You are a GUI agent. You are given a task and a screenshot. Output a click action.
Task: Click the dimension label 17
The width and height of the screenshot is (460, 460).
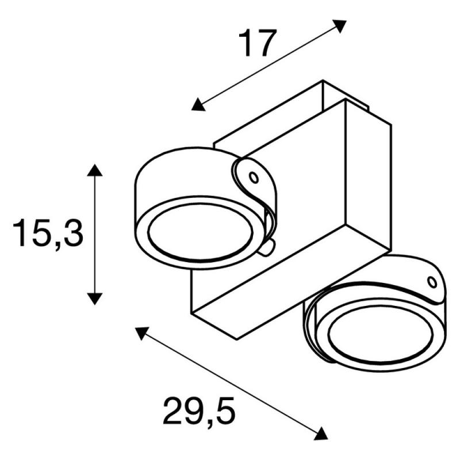point(257,43)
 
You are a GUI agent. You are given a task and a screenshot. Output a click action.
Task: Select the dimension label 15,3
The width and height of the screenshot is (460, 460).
point(48,233)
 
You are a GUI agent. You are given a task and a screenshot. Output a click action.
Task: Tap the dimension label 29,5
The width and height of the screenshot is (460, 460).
point(199,411)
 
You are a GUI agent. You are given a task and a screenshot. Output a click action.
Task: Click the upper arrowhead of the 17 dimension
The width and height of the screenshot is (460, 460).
point(340,26)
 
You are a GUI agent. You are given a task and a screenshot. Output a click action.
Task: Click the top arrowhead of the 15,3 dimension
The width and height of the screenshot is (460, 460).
point(95,170)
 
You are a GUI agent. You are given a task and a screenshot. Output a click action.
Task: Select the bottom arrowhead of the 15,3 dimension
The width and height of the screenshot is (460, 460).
point(95,299)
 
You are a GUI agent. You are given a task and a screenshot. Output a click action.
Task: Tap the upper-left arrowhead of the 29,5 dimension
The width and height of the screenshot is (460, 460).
point(141,333)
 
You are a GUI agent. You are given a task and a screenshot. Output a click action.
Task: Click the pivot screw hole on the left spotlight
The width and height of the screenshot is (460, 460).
point(254,177)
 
